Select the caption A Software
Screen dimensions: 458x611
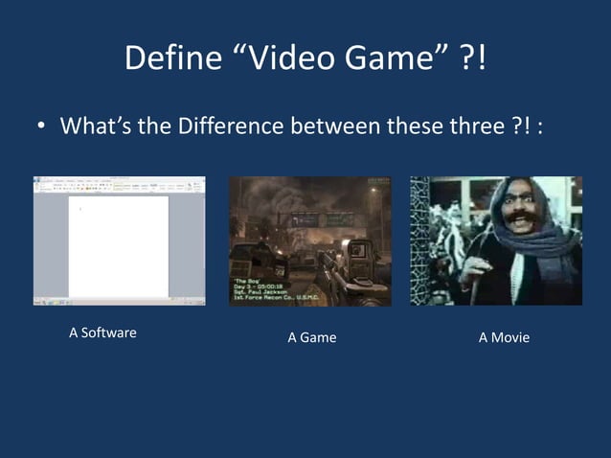coord(102,332)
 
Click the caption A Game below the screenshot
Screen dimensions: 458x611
coord(312,337)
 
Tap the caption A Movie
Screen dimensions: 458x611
coord(504,337)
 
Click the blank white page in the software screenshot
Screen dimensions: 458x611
coord(118,247)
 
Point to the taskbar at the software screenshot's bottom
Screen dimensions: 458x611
coord(119,302)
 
